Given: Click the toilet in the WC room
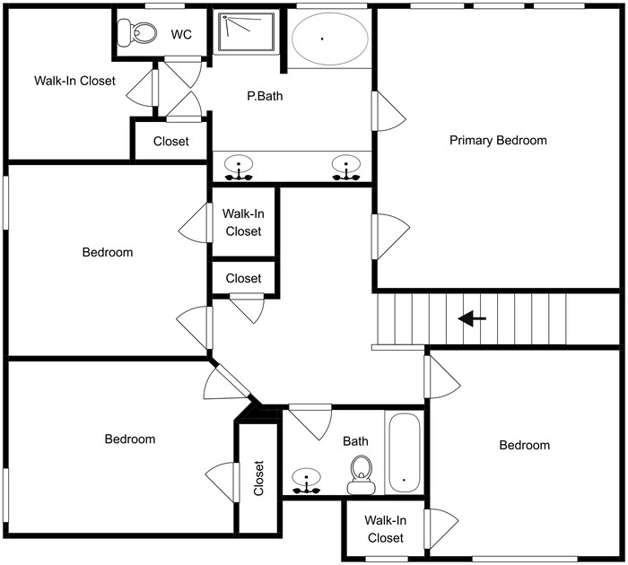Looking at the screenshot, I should pyautogui.click(x=142, y=34).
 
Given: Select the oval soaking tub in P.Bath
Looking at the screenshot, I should pyautogui.click(x=329, y=40).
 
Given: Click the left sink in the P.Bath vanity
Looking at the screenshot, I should pyautogui.click(x=240, y=167).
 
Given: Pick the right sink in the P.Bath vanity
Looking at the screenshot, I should pyautogui.click(x=345, y=167).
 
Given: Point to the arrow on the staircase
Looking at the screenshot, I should pyautogui.click(x=472, y=318).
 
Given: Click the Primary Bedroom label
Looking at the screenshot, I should pyautogui.click(x=498, y=141).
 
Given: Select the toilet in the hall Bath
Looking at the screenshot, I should pyautogui.click(x=362, y=472).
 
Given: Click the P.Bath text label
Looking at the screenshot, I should pyautogui.click(x=265, y=96).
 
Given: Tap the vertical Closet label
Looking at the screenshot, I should pyautogui.click(x=259, y=478).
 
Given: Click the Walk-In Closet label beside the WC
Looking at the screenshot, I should pyautogui.click(x=74, y=81).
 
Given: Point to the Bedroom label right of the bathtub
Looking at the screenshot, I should pyautogui.click(x=524, y=446).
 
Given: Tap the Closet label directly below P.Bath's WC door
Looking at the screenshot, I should pyautogui.click(x=170, y=141).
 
